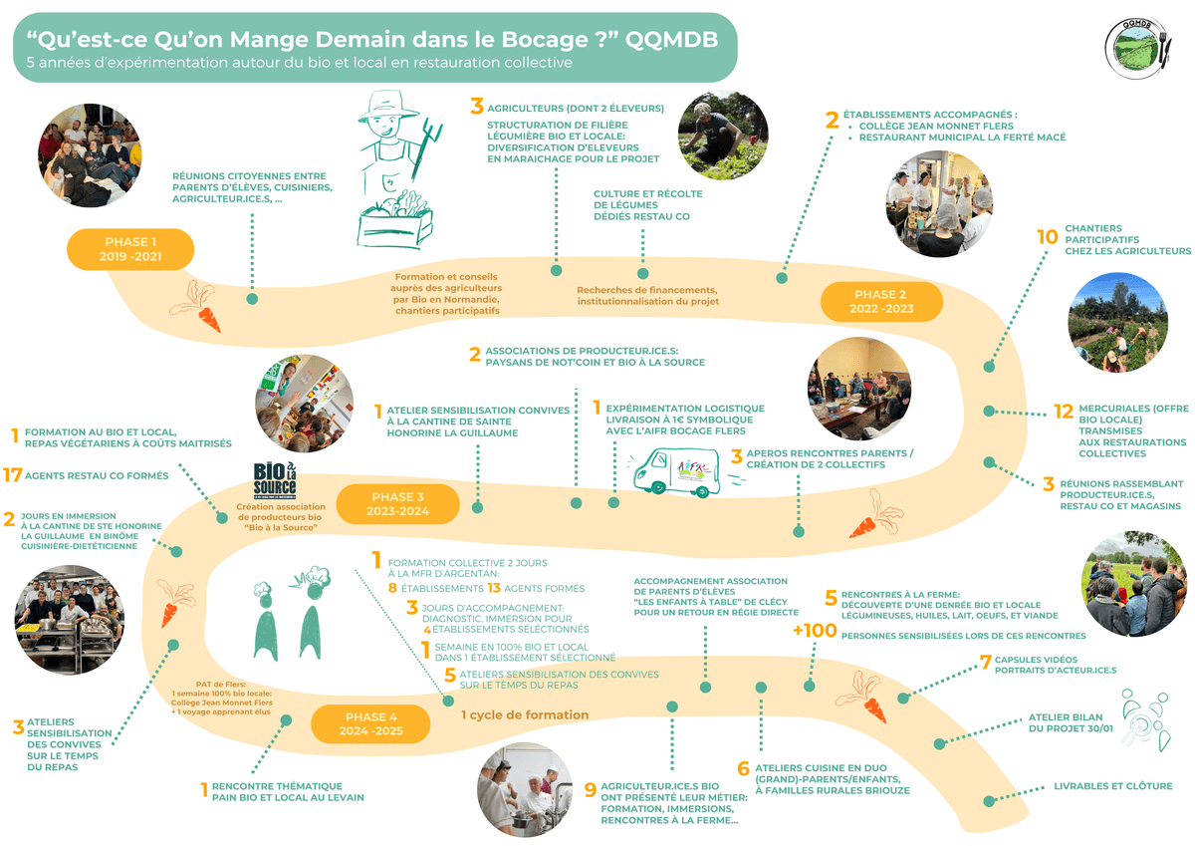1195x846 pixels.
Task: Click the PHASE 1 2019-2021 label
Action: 129,249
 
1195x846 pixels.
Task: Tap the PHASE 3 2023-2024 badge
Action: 398,504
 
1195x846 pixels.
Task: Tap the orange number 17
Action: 13,476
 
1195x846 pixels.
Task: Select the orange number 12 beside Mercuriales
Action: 1064,411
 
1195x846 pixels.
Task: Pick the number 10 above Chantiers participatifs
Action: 1047,237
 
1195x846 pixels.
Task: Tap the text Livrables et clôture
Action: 1112,786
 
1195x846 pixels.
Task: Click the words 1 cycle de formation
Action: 524,714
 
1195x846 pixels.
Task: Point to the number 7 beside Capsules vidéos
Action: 985,661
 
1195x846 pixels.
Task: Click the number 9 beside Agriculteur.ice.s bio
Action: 591,790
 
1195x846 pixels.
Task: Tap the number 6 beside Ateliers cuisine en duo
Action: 743,769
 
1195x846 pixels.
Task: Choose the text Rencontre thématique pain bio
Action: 287,791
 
